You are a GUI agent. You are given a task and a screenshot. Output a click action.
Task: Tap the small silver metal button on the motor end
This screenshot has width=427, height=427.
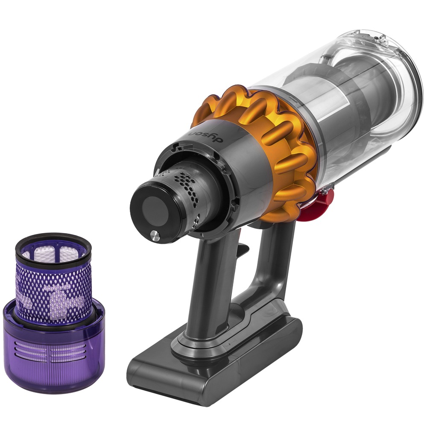(154, 234)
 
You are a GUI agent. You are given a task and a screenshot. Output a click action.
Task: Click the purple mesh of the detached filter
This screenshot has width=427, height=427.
(53, 286)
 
